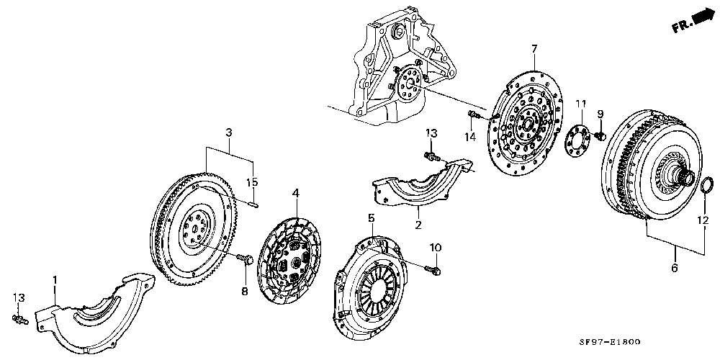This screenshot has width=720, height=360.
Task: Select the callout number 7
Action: (x=534, y=49)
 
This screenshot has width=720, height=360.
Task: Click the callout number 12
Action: (x=703, y=221)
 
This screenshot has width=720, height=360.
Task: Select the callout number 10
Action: (x=434, y=248)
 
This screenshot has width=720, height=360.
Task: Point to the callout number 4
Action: (x=294, y=192)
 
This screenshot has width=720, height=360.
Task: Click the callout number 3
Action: (x=228, y=132)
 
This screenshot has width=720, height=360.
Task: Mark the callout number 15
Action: (x=252, y=181)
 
